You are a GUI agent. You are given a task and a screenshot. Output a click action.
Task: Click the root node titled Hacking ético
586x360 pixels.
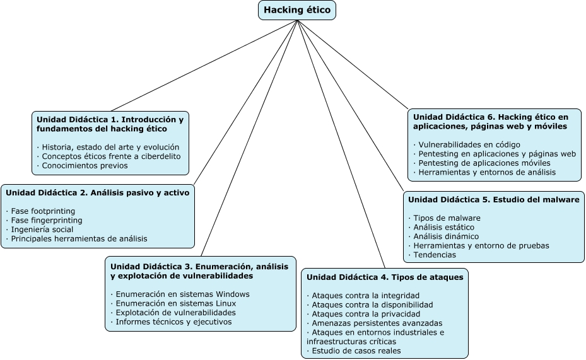coord(297,10)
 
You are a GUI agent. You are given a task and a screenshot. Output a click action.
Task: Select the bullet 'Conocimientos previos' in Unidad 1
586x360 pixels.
coord(82,165)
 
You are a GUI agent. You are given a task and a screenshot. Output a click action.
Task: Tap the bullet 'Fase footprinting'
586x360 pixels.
coord(40,211)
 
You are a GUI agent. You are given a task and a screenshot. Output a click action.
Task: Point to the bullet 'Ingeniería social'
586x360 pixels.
coord(40,229)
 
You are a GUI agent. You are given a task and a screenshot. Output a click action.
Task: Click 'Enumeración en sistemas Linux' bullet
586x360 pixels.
coord(173,303)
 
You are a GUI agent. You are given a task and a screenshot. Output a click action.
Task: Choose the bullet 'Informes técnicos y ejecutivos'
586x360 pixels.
coord(171,322)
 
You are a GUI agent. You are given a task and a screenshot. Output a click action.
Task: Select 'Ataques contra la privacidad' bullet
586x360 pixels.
coord(363,314)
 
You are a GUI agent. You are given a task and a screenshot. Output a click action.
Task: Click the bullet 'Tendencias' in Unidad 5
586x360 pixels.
coord(432,255)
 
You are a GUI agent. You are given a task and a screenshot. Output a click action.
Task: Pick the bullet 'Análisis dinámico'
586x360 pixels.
coord(443,236)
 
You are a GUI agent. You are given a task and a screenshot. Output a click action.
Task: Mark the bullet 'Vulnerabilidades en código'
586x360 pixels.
coord(466,144)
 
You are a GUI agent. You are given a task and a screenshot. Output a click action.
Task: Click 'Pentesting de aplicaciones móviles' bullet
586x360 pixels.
coord(482,163)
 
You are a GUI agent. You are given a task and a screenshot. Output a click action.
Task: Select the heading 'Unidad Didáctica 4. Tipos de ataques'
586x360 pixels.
coord(385,277)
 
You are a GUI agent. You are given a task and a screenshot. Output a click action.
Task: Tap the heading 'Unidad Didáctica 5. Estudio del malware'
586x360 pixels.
coord(494,199)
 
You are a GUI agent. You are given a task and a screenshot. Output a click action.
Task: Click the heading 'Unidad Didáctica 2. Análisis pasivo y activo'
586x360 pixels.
coord(98,193)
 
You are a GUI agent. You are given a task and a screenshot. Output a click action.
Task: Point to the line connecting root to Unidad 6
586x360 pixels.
coord(353,64)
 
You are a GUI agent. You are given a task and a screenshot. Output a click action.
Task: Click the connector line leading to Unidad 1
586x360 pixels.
coord(204,66)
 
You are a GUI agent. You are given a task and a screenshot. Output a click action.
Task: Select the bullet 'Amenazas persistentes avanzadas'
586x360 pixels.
coord(375,323)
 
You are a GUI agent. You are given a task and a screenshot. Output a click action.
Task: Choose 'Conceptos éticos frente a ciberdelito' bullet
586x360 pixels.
coord(108,156)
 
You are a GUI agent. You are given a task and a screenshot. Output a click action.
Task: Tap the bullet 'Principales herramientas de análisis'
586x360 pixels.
coord(76,238)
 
